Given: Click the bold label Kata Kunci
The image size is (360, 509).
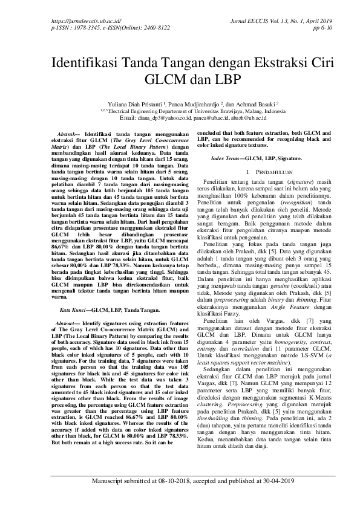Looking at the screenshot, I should (x=64, y=310).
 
